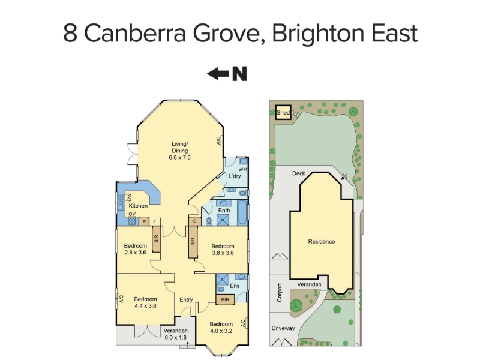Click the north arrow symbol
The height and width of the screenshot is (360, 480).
227,74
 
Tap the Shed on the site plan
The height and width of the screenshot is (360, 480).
283,113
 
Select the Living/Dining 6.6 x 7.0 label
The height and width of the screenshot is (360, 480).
179,151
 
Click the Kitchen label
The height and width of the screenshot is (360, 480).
138,206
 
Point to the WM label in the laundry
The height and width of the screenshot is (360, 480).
243,169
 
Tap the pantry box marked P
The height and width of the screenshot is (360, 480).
144,221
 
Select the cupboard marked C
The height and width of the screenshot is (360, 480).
194,221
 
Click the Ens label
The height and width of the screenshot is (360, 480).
235,286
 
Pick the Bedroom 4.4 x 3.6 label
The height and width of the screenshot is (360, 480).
145,302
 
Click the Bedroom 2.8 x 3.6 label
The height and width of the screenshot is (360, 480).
136,249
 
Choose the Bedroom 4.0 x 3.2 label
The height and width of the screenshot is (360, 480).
221,328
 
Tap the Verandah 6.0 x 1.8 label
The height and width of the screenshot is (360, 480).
175,334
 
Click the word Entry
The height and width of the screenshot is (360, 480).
186,299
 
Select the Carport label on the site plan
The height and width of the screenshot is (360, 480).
279,293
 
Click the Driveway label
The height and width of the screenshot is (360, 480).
283,328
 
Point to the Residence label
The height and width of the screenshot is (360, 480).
322,242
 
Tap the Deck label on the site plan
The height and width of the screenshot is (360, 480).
298,173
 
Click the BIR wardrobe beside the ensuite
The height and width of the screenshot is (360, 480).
226,299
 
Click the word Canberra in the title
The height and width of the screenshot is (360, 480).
135,34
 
